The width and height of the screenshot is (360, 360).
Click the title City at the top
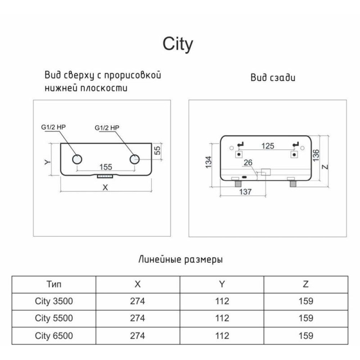pos(178,44)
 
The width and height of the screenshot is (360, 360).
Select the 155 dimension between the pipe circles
pos(105,167)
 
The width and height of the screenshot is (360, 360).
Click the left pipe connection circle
pos(77,159)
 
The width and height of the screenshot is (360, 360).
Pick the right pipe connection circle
pos(135,159)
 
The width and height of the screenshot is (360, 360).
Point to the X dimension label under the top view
pos(105,187)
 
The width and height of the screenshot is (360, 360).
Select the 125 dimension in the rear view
pos(267,146)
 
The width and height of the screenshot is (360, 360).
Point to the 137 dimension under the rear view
pos(245,192)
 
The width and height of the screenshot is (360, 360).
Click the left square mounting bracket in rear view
pos(238,154)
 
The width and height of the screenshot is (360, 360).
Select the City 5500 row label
pos(54,318)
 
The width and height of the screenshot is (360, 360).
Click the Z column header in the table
pos(306,284)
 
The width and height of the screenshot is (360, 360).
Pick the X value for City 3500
pos(138,301)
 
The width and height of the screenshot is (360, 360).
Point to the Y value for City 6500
pos(222,336)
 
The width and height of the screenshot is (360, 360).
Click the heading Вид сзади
pos(273,77)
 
